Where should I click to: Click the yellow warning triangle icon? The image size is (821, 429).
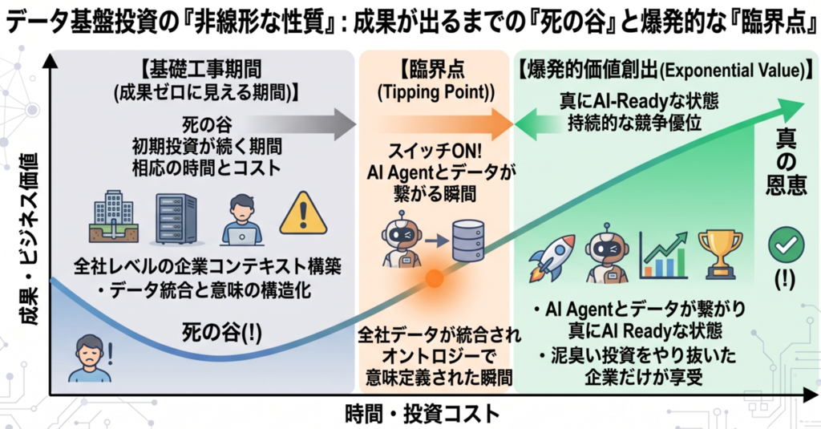click(x=303, y=214)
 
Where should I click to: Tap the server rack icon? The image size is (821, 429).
click(x=176, y=218)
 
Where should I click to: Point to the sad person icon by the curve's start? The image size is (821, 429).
click(x=90, y=358)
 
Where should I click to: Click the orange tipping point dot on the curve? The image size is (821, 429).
click(x=434, y=278)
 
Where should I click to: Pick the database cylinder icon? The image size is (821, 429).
click(x=467, y=241)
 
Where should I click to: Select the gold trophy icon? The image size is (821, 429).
click(x=721, y=254)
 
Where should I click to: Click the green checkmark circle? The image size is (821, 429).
click(x=786, y=245)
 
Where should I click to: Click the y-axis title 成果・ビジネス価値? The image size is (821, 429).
click(x=30, y=239)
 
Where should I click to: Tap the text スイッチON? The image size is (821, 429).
click(x=434, y=152)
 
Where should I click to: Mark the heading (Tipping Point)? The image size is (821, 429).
click(x=435, y=92)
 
